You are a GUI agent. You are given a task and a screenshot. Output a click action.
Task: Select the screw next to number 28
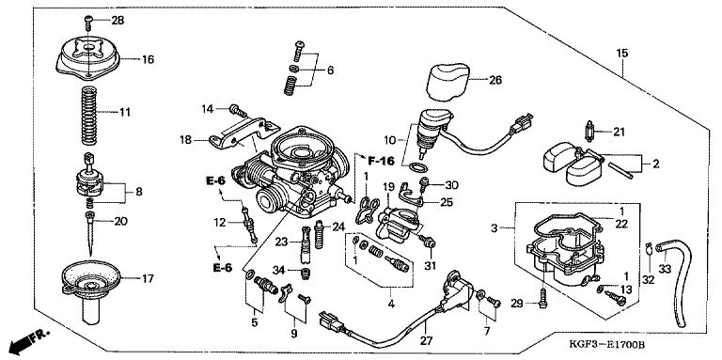coord(88,22)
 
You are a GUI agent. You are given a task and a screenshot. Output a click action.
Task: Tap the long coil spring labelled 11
coord(89,114)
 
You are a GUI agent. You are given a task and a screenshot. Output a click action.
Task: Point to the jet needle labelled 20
coord(90,233)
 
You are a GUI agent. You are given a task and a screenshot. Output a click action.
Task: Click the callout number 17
coord(148,278)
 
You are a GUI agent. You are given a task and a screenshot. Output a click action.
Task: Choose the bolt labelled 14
coord(238,111)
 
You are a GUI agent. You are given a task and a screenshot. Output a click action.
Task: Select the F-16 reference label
coord(381,161)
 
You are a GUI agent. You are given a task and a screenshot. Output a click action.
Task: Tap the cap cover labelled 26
coord(448,82)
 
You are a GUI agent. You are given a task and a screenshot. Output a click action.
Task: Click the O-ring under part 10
coord(418,166)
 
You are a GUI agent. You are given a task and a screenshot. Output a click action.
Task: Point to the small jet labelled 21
coord(589,132)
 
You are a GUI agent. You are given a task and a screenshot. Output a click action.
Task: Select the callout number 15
coord(621,53)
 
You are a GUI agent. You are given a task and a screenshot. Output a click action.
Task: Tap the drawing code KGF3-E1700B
coord(606,344)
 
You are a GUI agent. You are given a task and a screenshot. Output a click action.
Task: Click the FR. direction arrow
coord(27,340)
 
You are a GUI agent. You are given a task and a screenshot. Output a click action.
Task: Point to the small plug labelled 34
coord(305,274)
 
